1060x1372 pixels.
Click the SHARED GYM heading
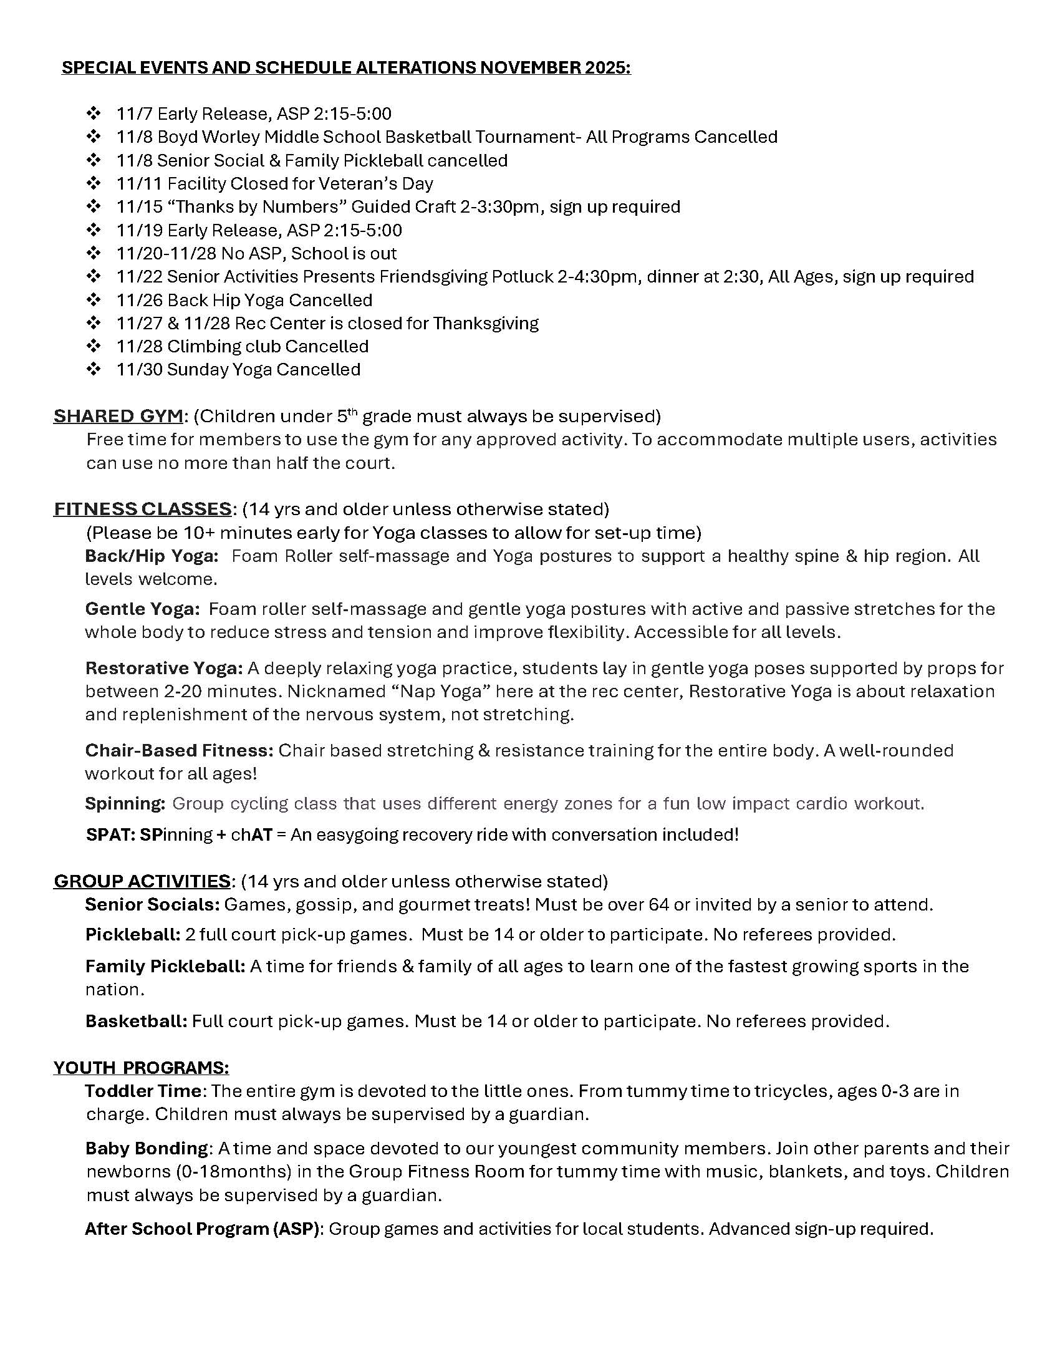[118, 416]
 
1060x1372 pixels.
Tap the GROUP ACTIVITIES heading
[142, 881]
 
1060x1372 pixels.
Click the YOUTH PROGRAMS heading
[141, 1067]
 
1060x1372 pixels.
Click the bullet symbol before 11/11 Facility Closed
[94, 183]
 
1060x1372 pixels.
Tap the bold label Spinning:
[125, 803]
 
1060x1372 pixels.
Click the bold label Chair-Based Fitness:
[179, 750]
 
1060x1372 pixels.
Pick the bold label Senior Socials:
[152, 904]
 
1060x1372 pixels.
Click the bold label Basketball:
[137, 1021]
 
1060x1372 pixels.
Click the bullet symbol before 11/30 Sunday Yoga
[94, 369]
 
